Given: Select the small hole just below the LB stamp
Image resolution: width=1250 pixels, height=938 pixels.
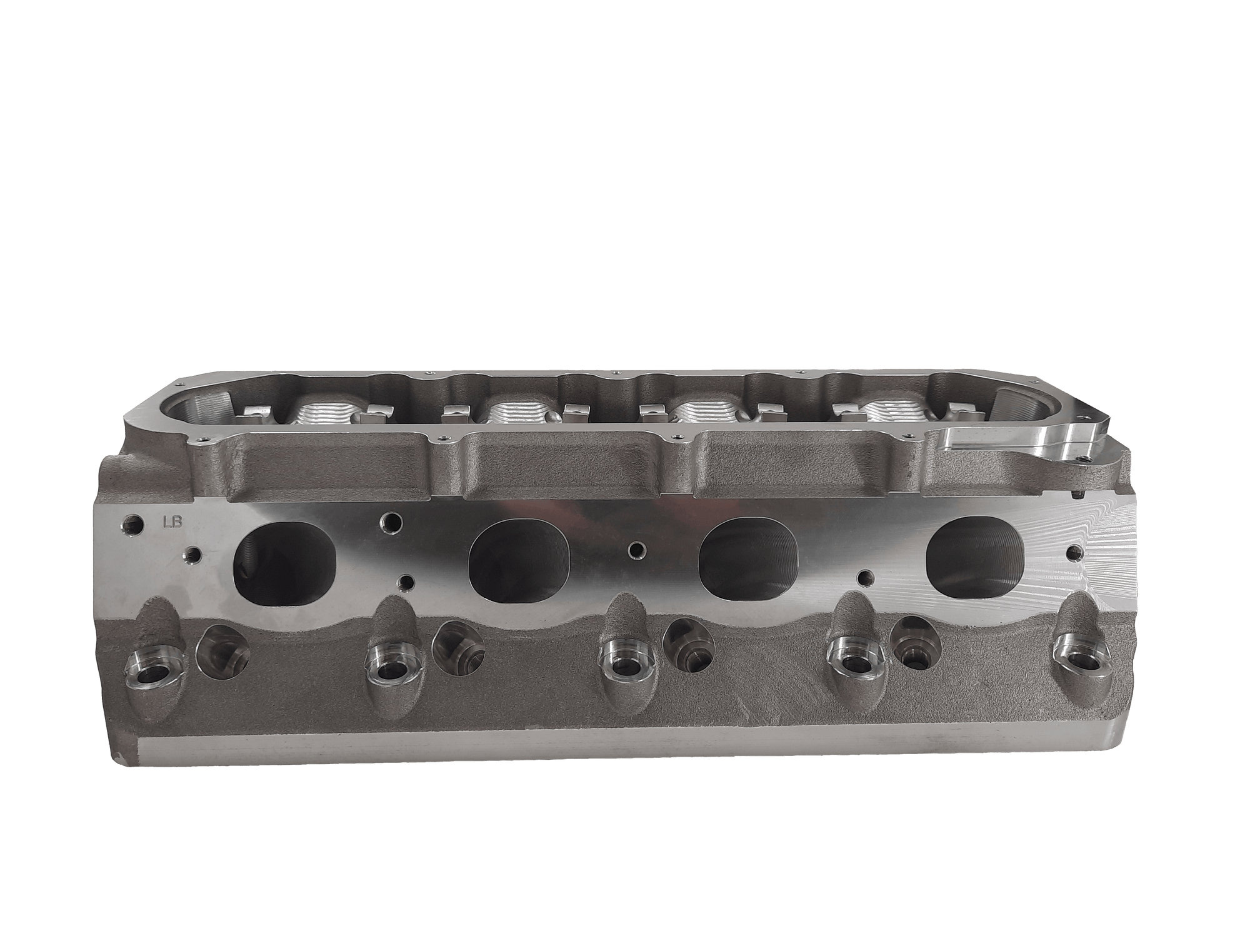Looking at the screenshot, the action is coord(192,554).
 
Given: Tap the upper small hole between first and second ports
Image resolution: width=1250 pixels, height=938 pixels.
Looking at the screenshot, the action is coord(392,521).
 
